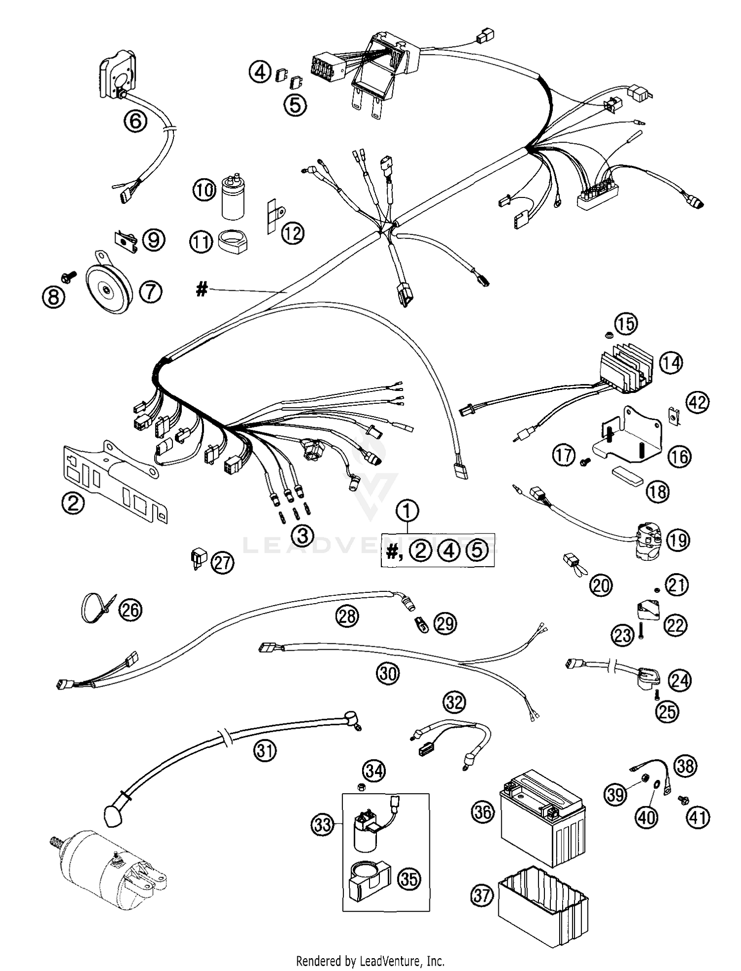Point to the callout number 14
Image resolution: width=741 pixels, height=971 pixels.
click(x=670, y=363)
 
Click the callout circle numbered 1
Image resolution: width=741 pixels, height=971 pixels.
click(x=407, y=511)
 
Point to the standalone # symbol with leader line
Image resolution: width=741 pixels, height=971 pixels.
click(x=201, y=289)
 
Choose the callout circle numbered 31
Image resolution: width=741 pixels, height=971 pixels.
click(x=265, y=751)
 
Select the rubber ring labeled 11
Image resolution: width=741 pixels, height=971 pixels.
click(x=232, y=242)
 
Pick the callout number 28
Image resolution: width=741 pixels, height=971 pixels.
click(x=347, y=616)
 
